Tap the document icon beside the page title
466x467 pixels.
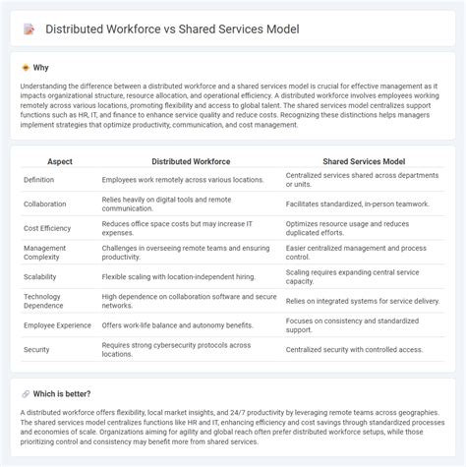pos(29,29)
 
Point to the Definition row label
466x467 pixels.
pos(40,181)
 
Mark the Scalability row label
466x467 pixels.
pos(42,278)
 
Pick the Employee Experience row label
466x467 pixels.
pos(57,325)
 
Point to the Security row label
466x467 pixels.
pos(36,350)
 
